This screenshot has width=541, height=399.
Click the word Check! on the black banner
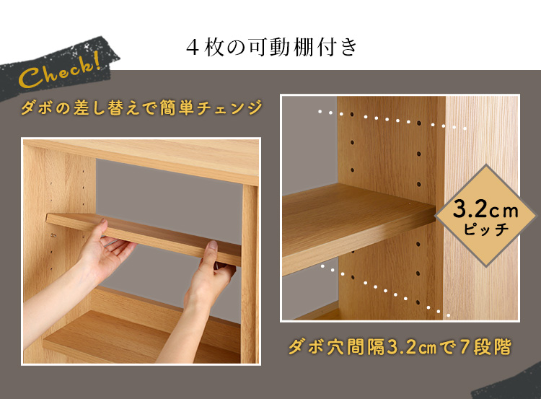(x=59, y=70)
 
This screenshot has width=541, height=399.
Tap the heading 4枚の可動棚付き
(x=271, y=48)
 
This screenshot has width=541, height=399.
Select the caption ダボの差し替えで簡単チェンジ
(x=141, y=108)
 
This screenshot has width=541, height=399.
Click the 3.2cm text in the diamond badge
(x=485, y=209)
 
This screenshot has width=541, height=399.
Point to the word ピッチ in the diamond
(x=486, y=229)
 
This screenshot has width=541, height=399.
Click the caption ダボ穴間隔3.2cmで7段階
(x=399, y=347)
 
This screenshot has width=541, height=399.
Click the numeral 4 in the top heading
(x=193, y=48)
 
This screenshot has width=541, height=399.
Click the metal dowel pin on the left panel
(x=53, y=236)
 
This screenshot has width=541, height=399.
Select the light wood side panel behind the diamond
(x=481, y=207)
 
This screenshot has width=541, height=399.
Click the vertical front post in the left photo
(x=250, y=274)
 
